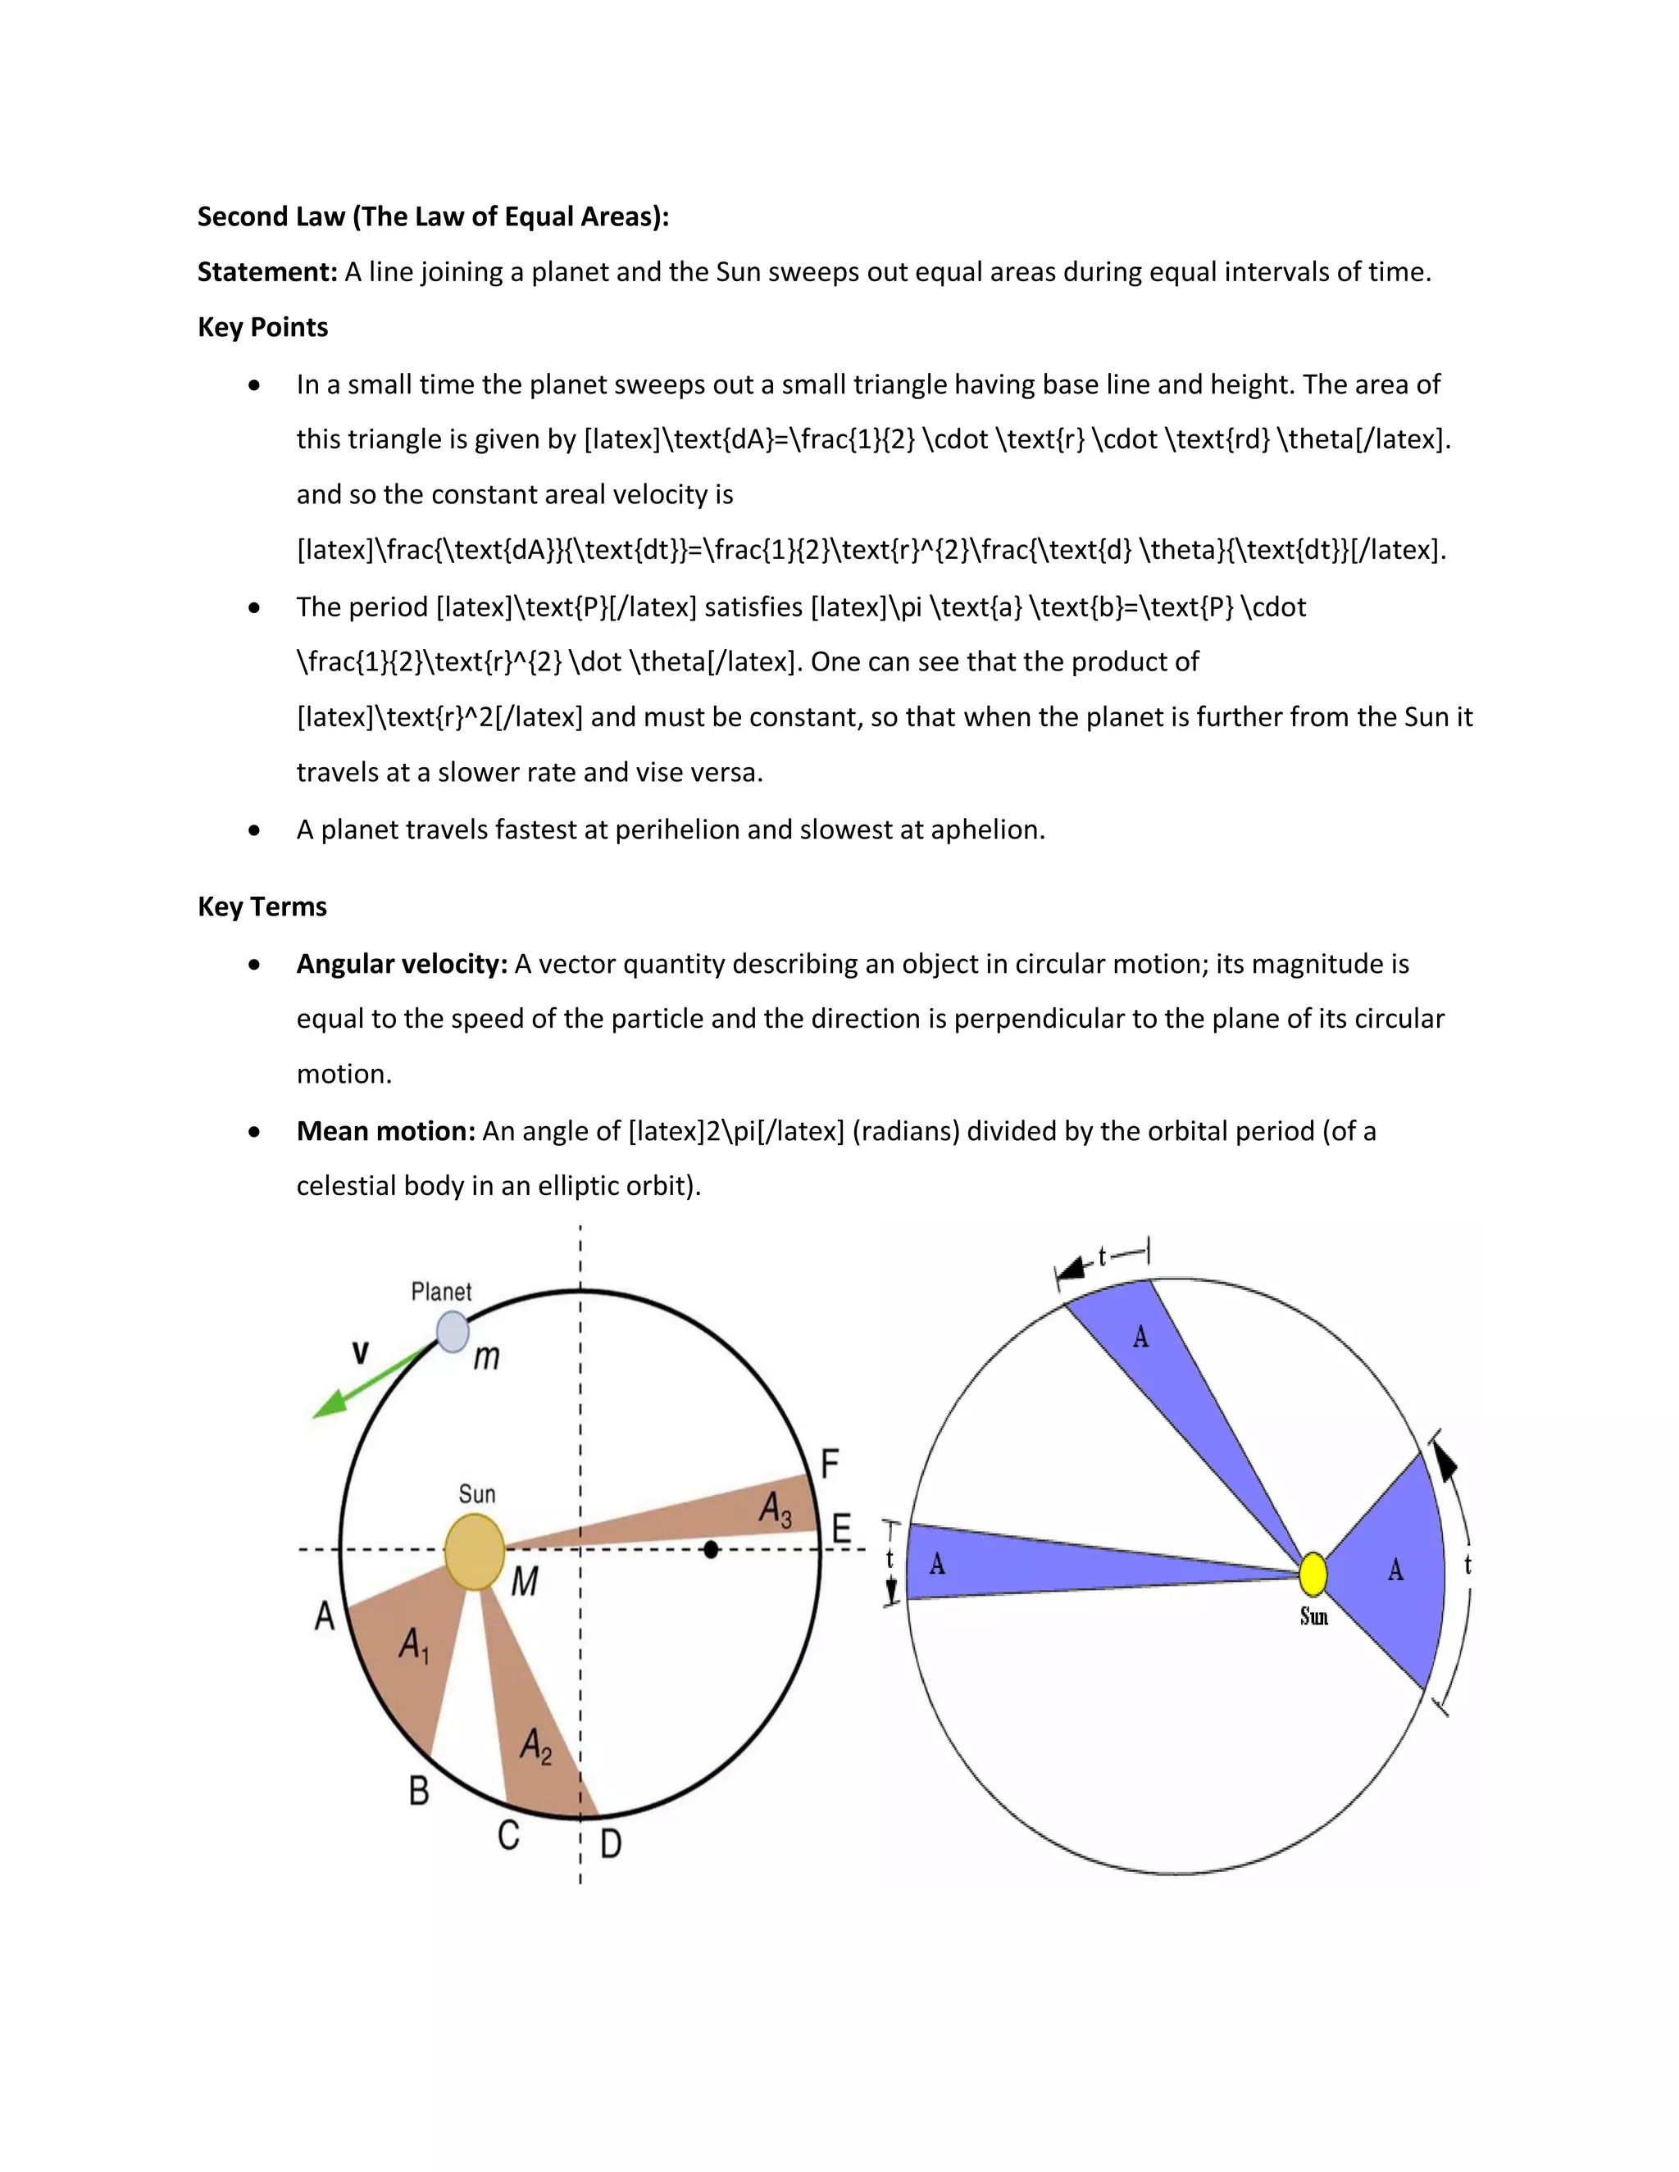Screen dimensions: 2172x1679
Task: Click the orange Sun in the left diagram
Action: coord(475,1552)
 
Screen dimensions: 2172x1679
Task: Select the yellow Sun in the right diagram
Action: coord(1313,1574)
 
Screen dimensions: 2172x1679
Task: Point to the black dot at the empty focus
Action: coord(710,1549)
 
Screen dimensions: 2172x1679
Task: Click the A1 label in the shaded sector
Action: coord(414,1645)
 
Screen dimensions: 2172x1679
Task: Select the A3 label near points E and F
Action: coord(776,1509)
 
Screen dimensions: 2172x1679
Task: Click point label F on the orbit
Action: coord(830,1464)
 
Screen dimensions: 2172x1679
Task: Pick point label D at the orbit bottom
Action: coord(611,1844)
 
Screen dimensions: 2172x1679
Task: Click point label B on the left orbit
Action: coord(419,1790)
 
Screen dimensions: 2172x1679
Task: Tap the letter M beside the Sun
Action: coord(524,1581)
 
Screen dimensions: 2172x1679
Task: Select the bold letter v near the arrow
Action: coord(360,1352)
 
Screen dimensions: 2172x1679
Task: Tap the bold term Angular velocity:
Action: coord(402,964)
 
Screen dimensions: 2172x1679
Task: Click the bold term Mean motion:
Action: coord(386,1131)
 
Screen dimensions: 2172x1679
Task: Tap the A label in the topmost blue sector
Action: coord(1141,1338)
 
